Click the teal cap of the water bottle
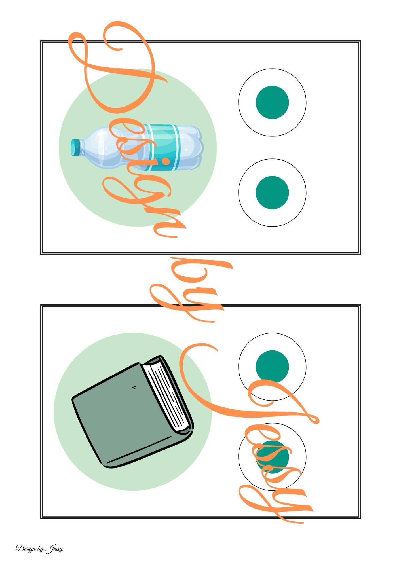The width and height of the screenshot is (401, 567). (75, 147)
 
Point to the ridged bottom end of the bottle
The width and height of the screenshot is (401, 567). (196, 147)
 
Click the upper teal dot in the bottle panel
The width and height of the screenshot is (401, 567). (272, 102)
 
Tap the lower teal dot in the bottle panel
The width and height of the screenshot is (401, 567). (272, 192)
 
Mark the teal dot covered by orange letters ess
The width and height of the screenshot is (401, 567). (272, 457)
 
